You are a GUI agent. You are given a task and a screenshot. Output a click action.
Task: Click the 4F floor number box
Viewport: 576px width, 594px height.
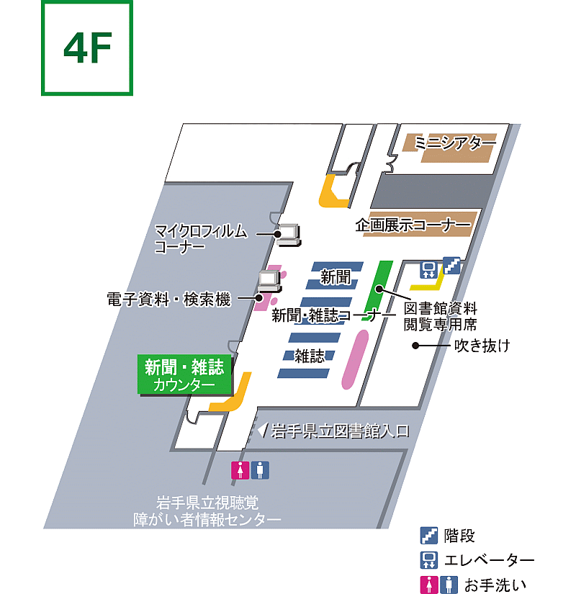(87, 48)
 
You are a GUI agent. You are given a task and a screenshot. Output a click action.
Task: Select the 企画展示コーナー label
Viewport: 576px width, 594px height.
(413, 225)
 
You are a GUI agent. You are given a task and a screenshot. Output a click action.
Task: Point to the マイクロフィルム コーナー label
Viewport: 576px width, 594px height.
(200, 239)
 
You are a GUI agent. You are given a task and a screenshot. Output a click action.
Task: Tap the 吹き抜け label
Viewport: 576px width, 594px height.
(482, 346)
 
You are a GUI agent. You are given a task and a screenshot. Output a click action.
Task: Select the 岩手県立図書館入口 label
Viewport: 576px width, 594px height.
(341, 431)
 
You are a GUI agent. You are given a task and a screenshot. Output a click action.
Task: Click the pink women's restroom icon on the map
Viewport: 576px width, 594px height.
(240, 470)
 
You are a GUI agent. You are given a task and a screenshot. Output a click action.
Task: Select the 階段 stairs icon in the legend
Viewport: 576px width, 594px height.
(429, 536)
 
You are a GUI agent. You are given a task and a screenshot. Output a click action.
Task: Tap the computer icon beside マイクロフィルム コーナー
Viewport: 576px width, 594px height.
(289, 234)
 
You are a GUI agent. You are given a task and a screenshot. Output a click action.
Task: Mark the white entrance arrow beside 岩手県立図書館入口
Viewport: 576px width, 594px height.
(262, 431)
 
